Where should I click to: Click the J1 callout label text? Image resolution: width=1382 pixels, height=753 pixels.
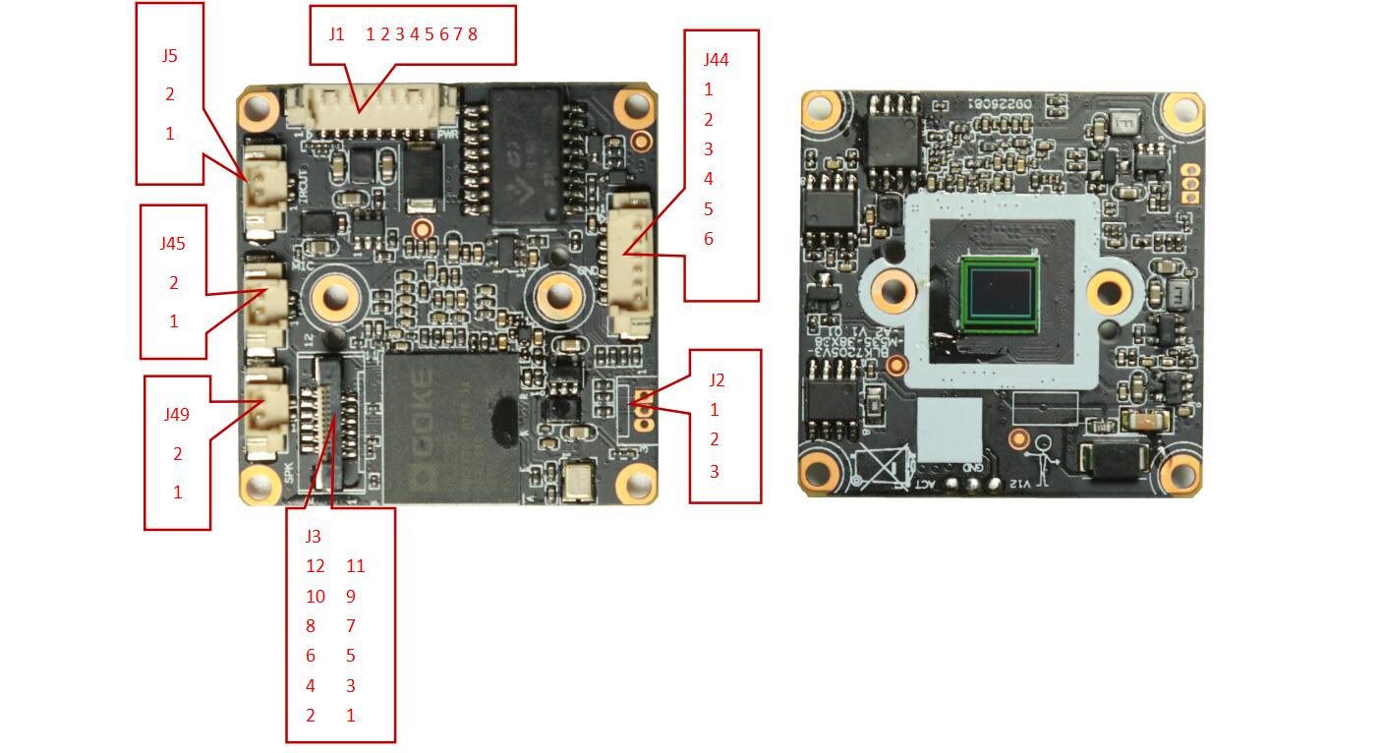pos(337,34)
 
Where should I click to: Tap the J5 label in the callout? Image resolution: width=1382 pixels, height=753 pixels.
pos(170,56)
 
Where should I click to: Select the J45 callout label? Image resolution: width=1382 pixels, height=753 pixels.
pos(174,244)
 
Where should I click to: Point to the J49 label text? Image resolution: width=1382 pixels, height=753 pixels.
pos(177,415)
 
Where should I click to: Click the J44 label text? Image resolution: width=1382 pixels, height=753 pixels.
pos(716,60)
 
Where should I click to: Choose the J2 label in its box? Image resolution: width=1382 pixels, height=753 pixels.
pos(717,379)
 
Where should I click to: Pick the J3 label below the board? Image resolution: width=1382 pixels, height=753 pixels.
pos(313,537)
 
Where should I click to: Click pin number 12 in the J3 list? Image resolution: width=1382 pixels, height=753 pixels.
pos(315,566)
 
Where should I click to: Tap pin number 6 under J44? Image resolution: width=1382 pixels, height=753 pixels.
pos(709,239)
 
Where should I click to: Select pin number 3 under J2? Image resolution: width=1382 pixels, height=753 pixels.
pos(715,472)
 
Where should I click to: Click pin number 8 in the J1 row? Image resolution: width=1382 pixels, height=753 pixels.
pos(473,34)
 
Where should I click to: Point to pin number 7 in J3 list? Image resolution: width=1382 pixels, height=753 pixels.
pos(351,626)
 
